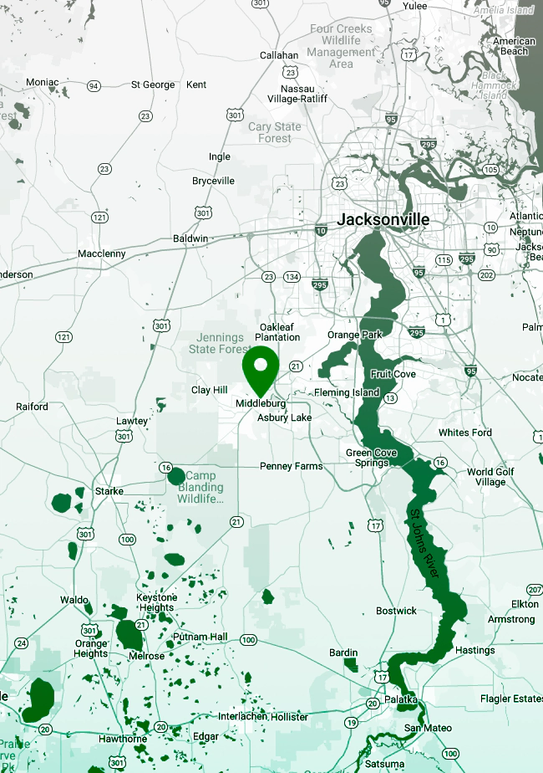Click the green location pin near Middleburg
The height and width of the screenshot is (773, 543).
[x=261, y=369]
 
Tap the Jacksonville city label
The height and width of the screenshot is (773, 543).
[x=383, y=220]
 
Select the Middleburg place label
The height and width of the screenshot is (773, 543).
[x=261, y=403]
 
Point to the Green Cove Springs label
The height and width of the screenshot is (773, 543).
[x=372, y=458]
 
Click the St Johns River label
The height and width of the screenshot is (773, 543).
[x=424, y=542]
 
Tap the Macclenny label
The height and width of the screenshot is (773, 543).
[x=101, y=253]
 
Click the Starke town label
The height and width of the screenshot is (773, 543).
[x=109, y=491]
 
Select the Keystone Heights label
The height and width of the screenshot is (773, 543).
[x=157, y=602]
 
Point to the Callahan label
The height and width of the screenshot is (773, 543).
[x=279, y=55]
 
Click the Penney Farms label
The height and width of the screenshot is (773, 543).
[x=291, y=466]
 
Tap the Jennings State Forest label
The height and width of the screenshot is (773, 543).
[x=220, y=343]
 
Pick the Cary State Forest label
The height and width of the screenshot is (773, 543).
[x=275, y=132]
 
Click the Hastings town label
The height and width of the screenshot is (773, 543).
[x=474, y=650]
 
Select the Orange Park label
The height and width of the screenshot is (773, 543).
[x=354, y=335]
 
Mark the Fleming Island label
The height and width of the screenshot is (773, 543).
[x=347, y=392]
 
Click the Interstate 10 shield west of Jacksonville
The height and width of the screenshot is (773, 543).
[x=321, y=230]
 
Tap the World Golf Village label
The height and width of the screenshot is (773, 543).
[x=491, y=477]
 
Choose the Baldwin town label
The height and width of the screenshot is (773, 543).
[x=190, y=238]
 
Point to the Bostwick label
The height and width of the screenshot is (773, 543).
[x=396, y=611]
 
